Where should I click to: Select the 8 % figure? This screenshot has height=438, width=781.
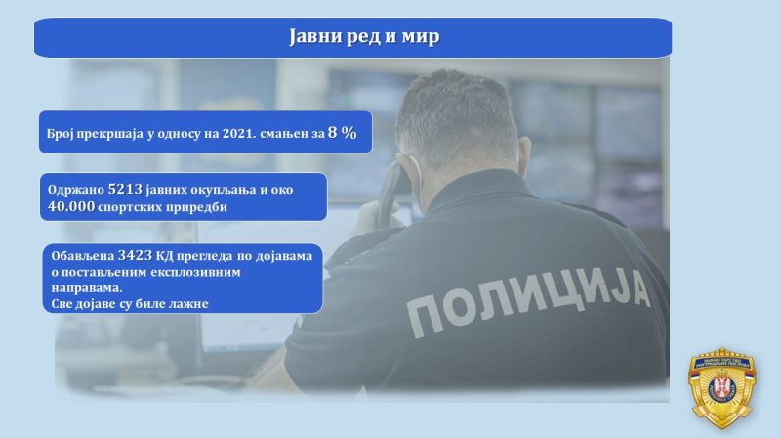343,132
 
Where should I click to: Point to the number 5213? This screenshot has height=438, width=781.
125,189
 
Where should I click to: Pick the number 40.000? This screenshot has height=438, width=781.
71,206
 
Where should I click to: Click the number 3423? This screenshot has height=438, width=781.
135,255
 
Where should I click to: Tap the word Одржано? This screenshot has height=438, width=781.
76,190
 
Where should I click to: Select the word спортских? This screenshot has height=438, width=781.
131,207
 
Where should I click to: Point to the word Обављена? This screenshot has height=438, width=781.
83,256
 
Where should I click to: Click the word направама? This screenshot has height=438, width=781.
86,288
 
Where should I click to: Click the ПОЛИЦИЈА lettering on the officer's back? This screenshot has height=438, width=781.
528,300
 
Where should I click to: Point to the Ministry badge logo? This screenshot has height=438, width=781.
721,387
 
